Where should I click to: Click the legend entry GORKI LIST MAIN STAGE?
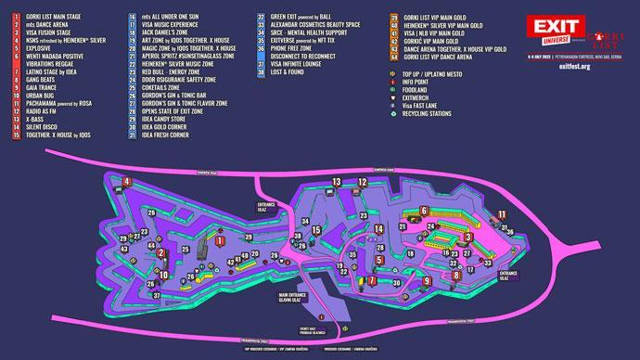(x=56, y=16)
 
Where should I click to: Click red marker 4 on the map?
(x=125, y=180)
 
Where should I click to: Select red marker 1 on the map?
(x=220, y=240)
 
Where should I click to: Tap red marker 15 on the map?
(x=316, y=230)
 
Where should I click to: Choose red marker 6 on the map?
(x=423, y=210)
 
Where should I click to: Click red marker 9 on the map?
(x=427, y=280)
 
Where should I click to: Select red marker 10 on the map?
(x=163, y=275)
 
